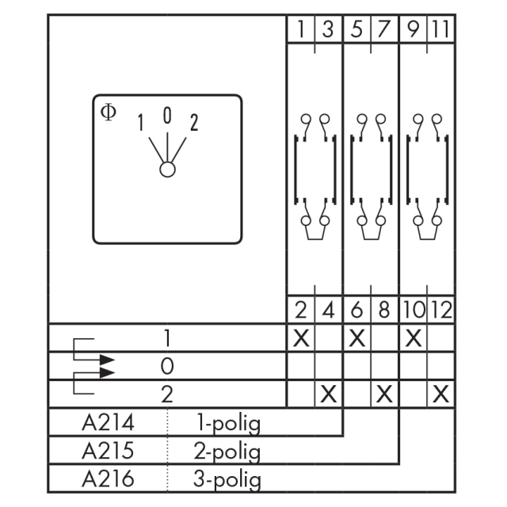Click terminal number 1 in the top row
[x=301, y=29]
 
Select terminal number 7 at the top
[x=383, y=29]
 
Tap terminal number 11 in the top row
[x=440, y=29]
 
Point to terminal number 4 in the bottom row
[x=328, y=310]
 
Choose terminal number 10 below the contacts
[x=414, y=310]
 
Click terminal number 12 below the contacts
[x=441, y=310]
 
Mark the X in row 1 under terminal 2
[x=301, y=338]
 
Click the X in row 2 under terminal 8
[x=384, y=395]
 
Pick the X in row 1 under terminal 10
[x=413, y=338]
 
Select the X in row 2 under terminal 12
[x=440, y=395]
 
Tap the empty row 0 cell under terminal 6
[x=357, y=366]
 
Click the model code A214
[x=108, y=422]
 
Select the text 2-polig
[x=227, y=451]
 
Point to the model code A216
[x=108, y=478]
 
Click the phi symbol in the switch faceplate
[x=109, y=112]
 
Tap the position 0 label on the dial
[x=167, y=116]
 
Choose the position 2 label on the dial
[x=193, y=122]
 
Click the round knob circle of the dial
[x=167, y=170]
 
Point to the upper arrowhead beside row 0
[x=107, y=360]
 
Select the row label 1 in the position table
[x=167, y=338]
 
